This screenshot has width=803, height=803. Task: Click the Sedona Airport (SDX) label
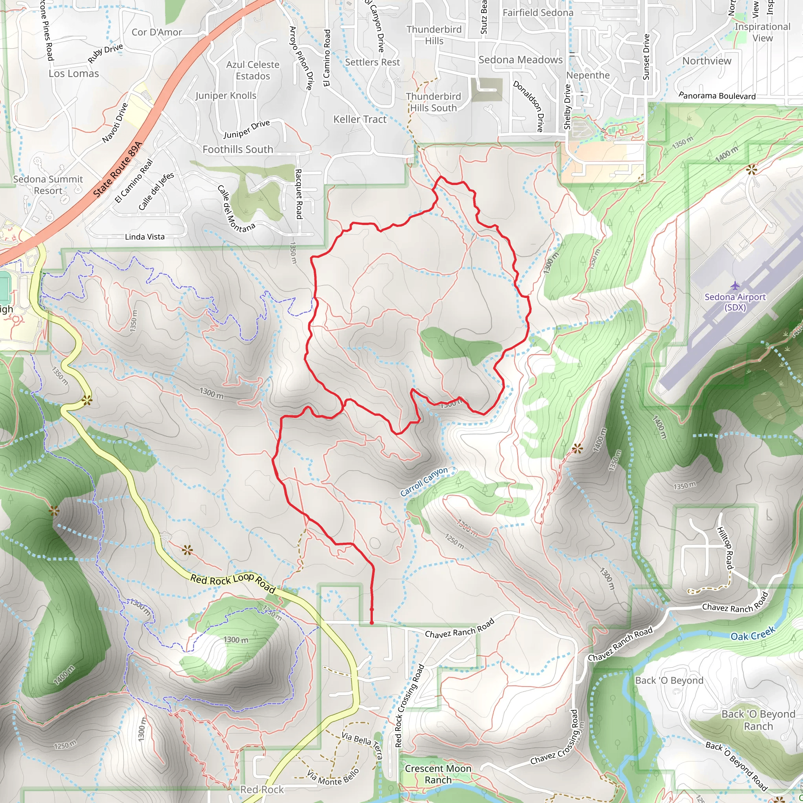click(x=735, y=302)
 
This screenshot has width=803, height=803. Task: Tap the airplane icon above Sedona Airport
click(x=735, y=285)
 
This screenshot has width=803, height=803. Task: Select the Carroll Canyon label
click(x=424, y=482)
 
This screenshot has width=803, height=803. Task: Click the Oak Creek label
click(x=753, y=634)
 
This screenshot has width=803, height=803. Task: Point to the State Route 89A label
click(x=118, y=169)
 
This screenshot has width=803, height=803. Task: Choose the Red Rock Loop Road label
click(x=233, y=583)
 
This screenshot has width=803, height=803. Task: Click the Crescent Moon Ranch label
click(x=438, y=774)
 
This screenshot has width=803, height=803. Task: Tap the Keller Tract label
click(x=360, y=119)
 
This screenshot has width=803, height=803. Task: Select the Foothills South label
click(x=238, y=149)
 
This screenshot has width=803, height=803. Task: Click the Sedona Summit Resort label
click(x=48, y=185)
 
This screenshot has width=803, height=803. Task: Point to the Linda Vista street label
click(x=145, y=237)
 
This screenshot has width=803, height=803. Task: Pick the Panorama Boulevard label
click(x=717, y=96)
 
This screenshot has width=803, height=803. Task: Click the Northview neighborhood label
click(x=707, y=61)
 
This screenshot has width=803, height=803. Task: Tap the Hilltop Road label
click(x=725, y=548)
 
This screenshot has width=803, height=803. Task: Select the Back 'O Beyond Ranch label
click(x=758, y=720)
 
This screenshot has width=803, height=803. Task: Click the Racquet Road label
click(x=298, y=194)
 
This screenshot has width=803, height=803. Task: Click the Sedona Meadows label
click(x=520, y=60)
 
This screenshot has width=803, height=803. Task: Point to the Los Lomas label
click(x=74, y=74)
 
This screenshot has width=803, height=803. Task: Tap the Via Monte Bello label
click(x=332, y=778)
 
